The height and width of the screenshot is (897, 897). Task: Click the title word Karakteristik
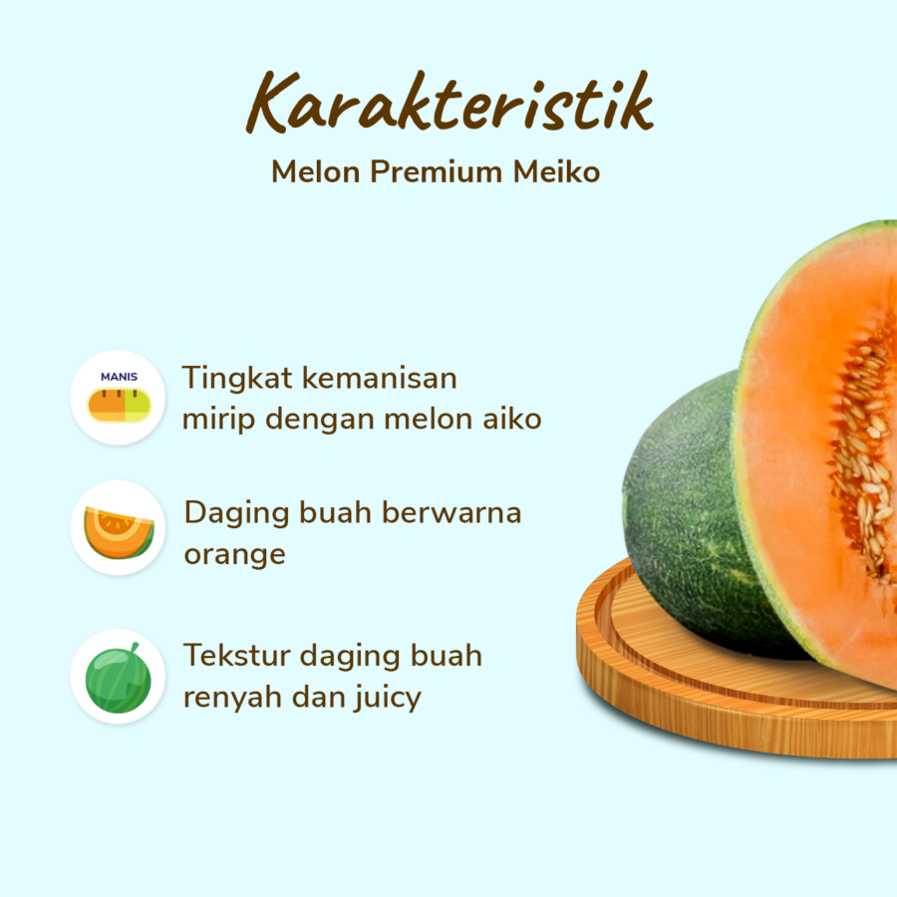(449, 103)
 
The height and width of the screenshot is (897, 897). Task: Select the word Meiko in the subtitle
(556, 171)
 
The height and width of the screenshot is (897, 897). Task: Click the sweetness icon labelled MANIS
(119, 397)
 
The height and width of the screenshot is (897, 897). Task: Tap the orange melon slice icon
(119, 528)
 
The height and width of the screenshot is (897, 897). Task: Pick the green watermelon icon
(119, 677)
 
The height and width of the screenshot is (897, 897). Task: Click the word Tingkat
(237, 380)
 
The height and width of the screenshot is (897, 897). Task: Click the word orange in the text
(234, 554)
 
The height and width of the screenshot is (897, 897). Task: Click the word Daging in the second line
(235, 514)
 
